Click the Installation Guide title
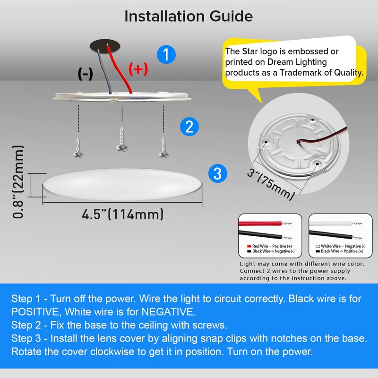click(x=189, y=16)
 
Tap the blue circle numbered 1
click(x=165, y=54)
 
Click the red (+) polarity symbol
click(x=138, y=69)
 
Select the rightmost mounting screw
click(x=164, y=146)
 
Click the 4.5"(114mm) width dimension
click(x=123, y=214)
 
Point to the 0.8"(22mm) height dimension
click(x=18, y=184)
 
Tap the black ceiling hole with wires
click(x=105, y=46)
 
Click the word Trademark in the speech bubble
click(x=310, y=73)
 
